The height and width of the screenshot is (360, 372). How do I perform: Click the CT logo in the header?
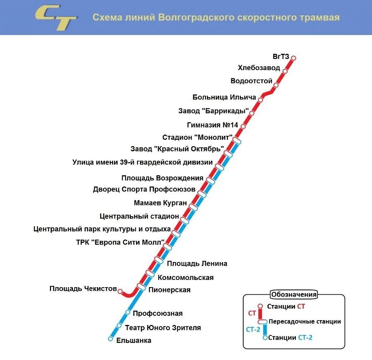(x=56, y=18)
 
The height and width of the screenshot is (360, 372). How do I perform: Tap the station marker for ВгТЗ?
(x=294, y=58)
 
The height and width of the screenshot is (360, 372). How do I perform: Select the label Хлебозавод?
(x=259, y=68)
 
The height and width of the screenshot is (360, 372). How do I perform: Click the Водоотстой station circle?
(x=276, y=85)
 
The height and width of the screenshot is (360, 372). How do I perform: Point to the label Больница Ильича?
(x=224, y=97)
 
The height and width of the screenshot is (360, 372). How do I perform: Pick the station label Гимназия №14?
(x=213, y=125)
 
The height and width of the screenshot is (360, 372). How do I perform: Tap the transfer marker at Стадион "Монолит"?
(x=237, y=141)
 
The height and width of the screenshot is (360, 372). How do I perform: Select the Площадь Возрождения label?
(x=162, y=178)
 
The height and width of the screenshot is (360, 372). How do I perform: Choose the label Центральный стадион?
(x=140, y=216)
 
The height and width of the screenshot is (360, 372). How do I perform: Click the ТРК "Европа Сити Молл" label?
(x=120, y=242)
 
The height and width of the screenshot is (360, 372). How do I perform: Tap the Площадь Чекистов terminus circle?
(x=120, y=290)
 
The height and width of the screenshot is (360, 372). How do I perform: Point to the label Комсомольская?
(x=186, y=278)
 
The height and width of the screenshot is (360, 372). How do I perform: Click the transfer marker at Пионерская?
(x=141, y=286)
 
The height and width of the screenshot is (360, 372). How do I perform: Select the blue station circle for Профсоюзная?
(x=128, y=312)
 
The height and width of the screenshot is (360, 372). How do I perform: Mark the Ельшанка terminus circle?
(x=110, y=339)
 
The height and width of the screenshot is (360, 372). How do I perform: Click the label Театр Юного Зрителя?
(x=163, y=328)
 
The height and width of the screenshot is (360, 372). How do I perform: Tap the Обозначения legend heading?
(x=294, y=295)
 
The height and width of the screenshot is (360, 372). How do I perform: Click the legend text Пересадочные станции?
(x=305, y=321)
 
